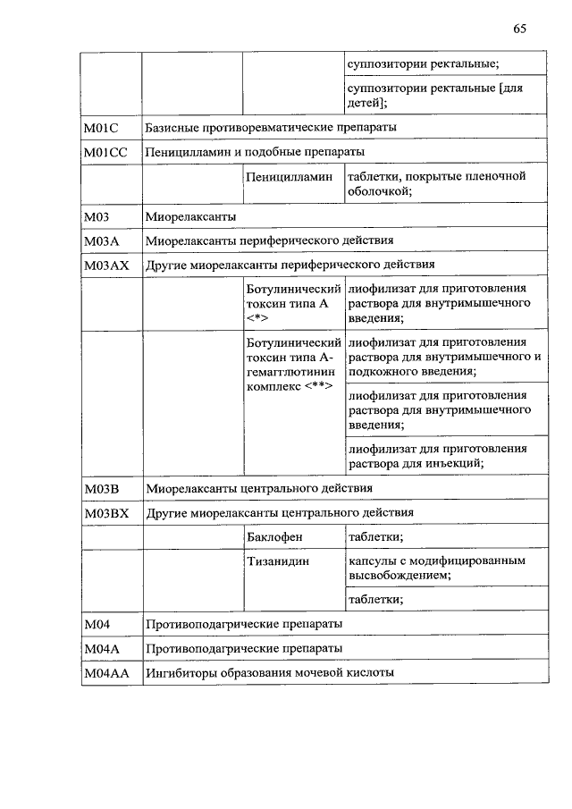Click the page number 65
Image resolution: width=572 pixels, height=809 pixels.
pyautogui.click(x=519, y=29)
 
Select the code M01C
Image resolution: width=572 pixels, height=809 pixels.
pyautogui.click(x=101, y=128)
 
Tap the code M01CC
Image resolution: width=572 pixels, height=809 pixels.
pyautogui.click(x=105, y=152)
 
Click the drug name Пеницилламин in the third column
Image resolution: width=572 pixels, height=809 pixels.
pyautogui.click(x=292, y=177)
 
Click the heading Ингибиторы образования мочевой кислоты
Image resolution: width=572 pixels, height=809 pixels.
pyautogui.click(x=270, y=672)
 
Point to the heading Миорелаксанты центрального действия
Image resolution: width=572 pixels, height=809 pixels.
pyautogui.click(x=259, y=489)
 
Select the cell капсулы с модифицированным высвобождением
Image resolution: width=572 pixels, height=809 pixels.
pyautogui.click(x=436, y=568)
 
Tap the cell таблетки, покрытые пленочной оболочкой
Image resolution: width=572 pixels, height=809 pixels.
pyautogui.click(x=436, y=183)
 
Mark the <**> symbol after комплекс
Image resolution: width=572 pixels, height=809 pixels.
pyautogui.click(x=318, y=386)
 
